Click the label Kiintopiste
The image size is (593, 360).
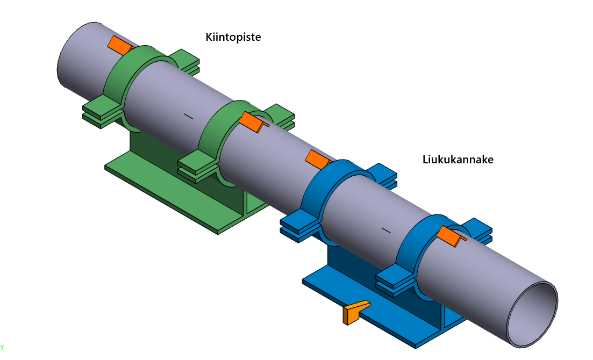(233, 37)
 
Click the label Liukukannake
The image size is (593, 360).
(458, 160)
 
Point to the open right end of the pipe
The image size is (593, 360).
(532, 314)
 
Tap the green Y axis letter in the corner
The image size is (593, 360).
(2, 347)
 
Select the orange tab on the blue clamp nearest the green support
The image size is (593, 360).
(318, 159)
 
